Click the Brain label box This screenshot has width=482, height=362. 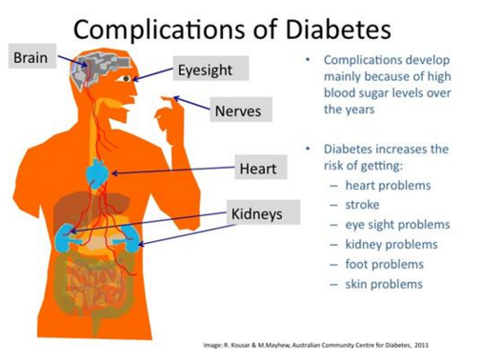tap(29, 58)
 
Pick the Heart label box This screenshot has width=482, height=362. tap(257, 170)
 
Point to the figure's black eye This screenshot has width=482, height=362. tap(123, 79)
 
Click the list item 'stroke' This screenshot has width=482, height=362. tap(364, 205)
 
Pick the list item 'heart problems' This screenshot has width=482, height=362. tap(388, 185)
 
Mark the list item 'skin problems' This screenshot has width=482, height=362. tap(384, 285)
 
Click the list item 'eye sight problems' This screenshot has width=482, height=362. tap(396, 225)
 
